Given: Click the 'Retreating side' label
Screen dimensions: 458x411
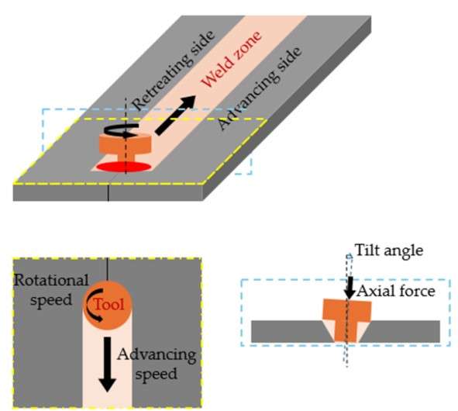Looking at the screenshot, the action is click(173, 71).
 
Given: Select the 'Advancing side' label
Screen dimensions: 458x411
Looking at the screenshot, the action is click(260, 88).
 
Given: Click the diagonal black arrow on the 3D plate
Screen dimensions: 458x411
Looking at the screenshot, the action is click(175, 116).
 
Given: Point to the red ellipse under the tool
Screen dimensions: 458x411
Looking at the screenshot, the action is click(124, 167).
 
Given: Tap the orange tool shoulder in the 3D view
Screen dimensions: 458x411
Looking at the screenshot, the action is click(126, 143).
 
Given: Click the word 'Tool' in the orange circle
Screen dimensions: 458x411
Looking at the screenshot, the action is click(109, 305).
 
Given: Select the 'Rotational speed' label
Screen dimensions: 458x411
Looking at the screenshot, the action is click(51, 289).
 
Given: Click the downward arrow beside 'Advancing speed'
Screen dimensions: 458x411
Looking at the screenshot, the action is click(108, 364).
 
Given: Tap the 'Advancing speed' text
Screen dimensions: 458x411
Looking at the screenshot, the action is click(157, 364).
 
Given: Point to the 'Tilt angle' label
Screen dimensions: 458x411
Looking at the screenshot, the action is click(389, 250).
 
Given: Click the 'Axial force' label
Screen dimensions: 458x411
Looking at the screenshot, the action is click(396, 291).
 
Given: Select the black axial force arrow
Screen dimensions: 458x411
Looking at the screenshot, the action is click(350, 288).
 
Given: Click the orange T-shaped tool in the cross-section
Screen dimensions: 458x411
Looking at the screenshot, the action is click(346, 320).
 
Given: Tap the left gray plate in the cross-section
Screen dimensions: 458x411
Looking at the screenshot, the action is click(289, 331).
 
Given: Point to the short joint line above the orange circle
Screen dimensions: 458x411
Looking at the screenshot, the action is click(108, 268).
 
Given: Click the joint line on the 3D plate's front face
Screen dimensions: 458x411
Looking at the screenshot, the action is click(108, 192).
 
